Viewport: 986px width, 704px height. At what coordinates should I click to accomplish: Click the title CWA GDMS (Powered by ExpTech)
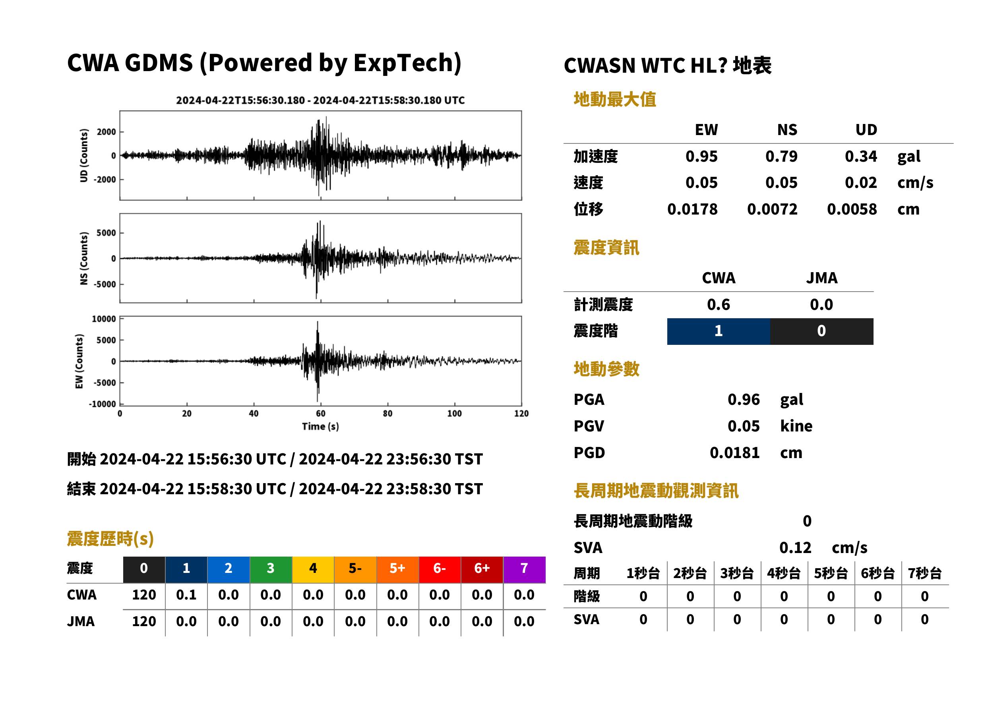point(264,63)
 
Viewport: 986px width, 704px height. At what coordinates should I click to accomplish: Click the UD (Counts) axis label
point(84,155)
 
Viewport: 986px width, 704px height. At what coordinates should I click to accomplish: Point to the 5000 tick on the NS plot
point(106,233)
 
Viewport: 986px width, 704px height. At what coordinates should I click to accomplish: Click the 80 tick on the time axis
point(387,414)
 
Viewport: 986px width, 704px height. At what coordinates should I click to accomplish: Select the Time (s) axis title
point(320,427)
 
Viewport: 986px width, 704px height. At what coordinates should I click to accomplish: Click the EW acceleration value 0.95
point(701,157)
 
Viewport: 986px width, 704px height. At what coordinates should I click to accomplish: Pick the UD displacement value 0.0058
point(852,209)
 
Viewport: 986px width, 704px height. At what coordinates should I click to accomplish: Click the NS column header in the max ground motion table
point(787,130)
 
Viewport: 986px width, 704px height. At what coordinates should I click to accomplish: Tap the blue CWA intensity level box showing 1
point(719,331)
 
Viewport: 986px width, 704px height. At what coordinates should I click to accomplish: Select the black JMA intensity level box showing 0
point(822,331)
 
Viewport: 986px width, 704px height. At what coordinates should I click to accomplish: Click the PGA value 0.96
point(744,399)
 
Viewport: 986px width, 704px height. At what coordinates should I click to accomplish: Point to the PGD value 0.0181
point(734,453)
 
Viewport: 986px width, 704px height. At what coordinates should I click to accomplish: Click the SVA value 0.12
point(795,547)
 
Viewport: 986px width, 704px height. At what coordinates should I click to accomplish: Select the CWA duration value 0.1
point(186,595)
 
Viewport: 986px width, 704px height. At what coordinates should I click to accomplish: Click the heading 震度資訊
point(606,248)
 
